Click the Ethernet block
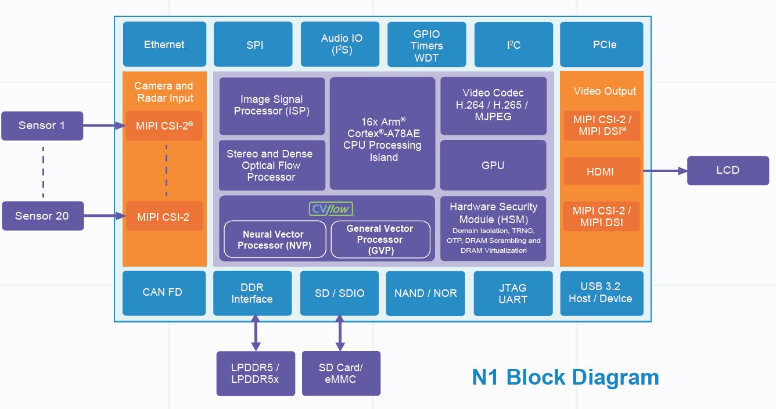coord(164,44)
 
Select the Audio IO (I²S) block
coord(340,44)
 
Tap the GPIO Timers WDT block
coord(426,45)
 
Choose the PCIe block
coord(601,44)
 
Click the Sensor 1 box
coord(42,125)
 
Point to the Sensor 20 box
coord(42,216)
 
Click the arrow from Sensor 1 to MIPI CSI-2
coord(105,125)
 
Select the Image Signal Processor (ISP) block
coord(272,105)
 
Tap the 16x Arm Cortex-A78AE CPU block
coord(382,133)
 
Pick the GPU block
coord(493,165)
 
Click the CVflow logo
coord(331,209)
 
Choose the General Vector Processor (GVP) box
coord(380,239)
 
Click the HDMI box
coord(601,171)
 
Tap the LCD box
coord(728,170)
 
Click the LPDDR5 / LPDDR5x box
coord(256,373)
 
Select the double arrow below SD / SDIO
coord(340,333)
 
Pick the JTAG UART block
coord(513,293)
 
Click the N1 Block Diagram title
coord(565,378)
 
